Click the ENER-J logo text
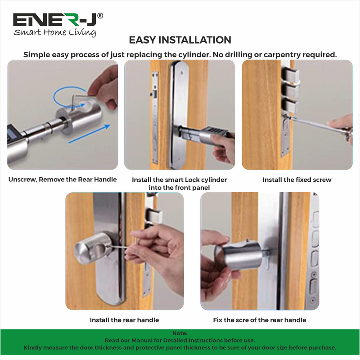tap(54, 20)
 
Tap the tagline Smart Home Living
tap(54, 32)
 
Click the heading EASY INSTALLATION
tap(180, 40)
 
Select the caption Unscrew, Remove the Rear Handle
tap(63, 180)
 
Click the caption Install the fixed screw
tap(297, 180)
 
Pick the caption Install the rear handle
tap(125, 320)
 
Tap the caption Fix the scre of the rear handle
tap(260, 320)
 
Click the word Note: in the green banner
tap(180, 333)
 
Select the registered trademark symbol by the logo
tap(100, 15)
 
